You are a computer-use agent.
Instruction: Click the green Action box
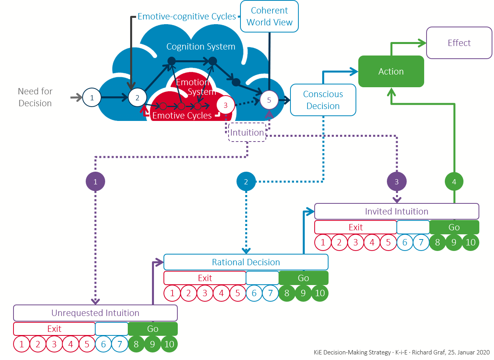(391, 71)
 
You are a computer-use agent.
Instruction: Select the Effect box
(459, 43)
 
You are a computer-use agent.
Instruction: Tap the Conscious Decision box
(323, 100)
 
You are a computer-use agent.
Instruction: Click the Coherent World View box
(269, 17)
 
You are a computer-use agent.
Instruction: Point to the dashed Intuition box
(247, 132)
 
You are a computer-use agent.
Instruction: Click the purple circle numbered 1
(95, 182)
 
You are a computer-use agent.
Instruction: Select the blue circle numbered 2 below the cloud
(246, 182)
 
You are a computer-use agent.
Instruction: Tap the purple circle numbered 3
(397, 182)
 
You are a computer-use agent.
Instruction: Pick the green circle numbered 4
(454, 182)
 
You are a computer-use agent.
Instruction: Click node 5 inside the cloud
(269, 100)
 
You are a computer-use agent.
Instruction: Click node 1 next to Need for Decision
(92, 97)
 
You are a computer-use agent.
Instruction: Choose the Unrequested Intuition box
(95, 313)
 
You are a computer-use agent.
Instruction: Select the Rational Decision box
(246, 262)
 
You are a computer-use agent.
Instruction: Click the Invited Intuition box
(397, 211)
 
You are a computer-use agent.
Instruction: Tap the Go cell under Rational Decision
(304, 278)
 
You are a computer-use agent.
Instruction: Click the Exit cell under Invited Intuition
(356, 227)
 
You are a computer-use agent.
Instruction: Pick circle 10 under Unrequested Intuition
(169, 344)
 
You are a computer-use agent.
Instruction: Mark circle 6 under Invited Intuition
(405, 243)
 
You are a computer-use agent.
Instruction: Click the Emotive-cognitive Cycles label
(187, 17)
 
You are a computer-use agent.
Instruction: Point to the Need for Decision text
(35, 97)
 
